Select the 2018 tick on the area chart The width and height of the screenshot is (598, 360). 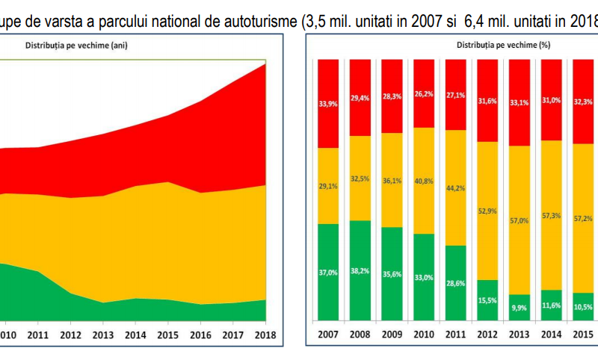pos(265,335)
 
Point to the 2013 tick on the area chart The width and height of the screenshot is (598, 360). pos(102,335)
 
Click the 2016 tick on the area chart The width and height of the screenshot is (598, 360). pos(200,335)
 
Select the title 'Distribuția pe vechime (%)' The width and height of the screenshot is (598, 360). pos(503,45)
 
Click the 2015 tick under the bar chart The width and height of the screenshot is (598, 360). pos(583,335)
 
